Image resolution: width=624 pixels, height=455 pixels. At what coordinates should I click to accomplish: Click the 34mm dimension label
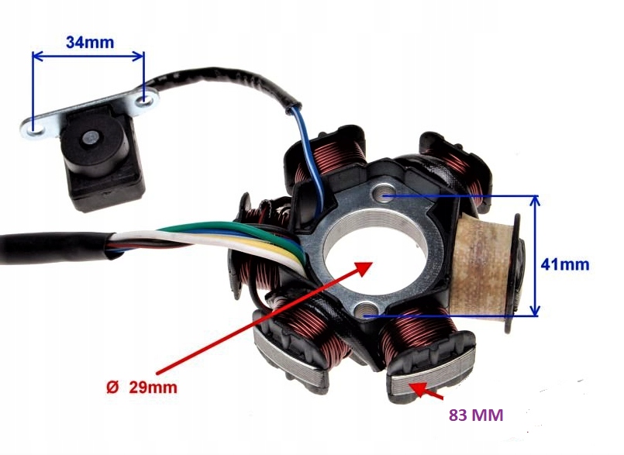pos(89,42)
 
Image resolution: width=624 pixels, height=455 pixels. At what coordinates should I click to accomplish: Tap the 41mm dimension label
pos(565,264)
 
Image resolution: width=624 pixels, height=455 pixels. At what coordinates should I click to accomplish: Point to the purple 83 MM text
pos(476,415)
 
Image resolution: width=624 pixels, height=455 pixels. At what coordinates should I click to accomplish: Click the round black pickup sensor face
pos(92,140)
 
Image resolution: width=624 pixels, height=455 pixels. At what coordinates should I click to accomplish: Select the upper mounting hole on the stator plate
pos(382,195)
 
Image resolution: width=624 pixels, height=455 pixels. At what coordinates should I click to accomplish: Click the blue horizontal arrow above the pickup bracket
pos(88,56)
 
